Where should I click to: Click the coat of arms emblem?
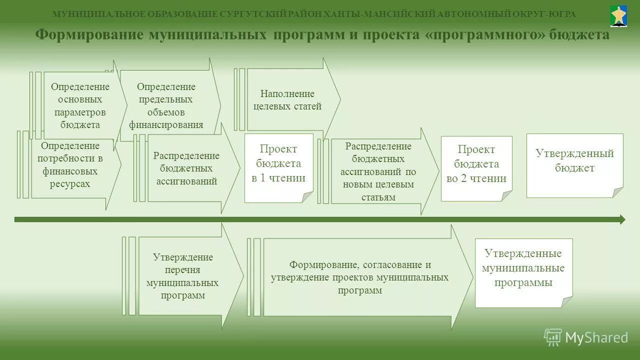619,16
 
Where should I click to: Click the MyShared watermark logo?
586,337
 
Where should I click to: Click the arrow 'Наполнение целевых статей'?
287,99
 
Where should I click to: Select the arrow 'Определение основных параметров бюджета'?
80,105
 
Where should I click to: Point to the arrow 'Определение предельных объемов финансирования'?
167,105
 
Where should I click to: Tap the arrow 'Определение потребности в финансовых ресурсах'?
70,164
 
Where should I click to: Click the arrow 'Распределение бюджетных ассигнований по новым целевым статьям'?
378,171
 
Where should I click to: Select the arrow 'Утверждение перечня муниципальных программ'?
183,276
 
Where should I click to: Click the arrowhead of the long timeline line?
622,219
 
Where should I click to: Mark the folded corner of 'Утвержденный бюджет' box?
618,192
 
